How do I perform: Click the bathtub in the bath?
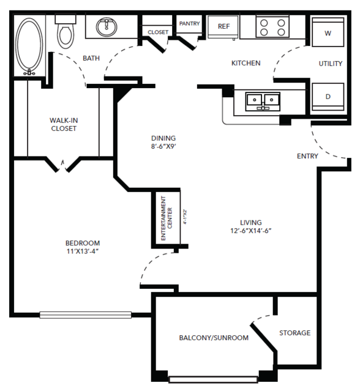(x=29, y=46)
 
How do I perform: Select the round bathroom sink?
(x=107, y=27)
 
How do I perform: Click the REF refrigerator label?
(x=223, y=26)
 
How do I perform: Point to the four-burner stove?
(x=272, y=27)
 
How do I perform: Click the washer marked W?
(x=328, y=32)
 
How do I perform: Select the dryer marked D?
(x=328, y=97)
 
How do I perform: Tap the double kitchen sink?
(x=263, y=101)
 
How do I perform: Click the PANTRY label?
(x=189, y=23)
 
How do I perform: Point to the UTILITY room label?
(x=331, y=64)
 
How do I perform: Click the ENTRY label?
(x=307, y=156)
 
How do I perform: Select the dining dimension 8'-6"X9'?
(x=163, y=146)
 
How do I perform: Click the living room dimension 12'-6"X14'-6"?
(x=251, y=231)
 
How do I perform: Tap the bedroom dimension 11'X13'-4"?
(x=83, y=251)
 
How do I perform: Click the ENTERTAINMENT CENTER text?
(x=167, y=218)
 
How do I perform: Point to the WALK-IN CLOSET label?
(x=64, y=124)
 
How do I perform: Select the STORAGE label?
(x=295, y=333)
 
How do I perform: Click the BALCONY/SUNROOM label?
(x=214, y=338)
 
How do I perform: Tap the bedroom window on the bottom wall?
(x=85, y=315)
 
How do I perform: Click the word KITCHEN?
(x=246, y=63)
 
